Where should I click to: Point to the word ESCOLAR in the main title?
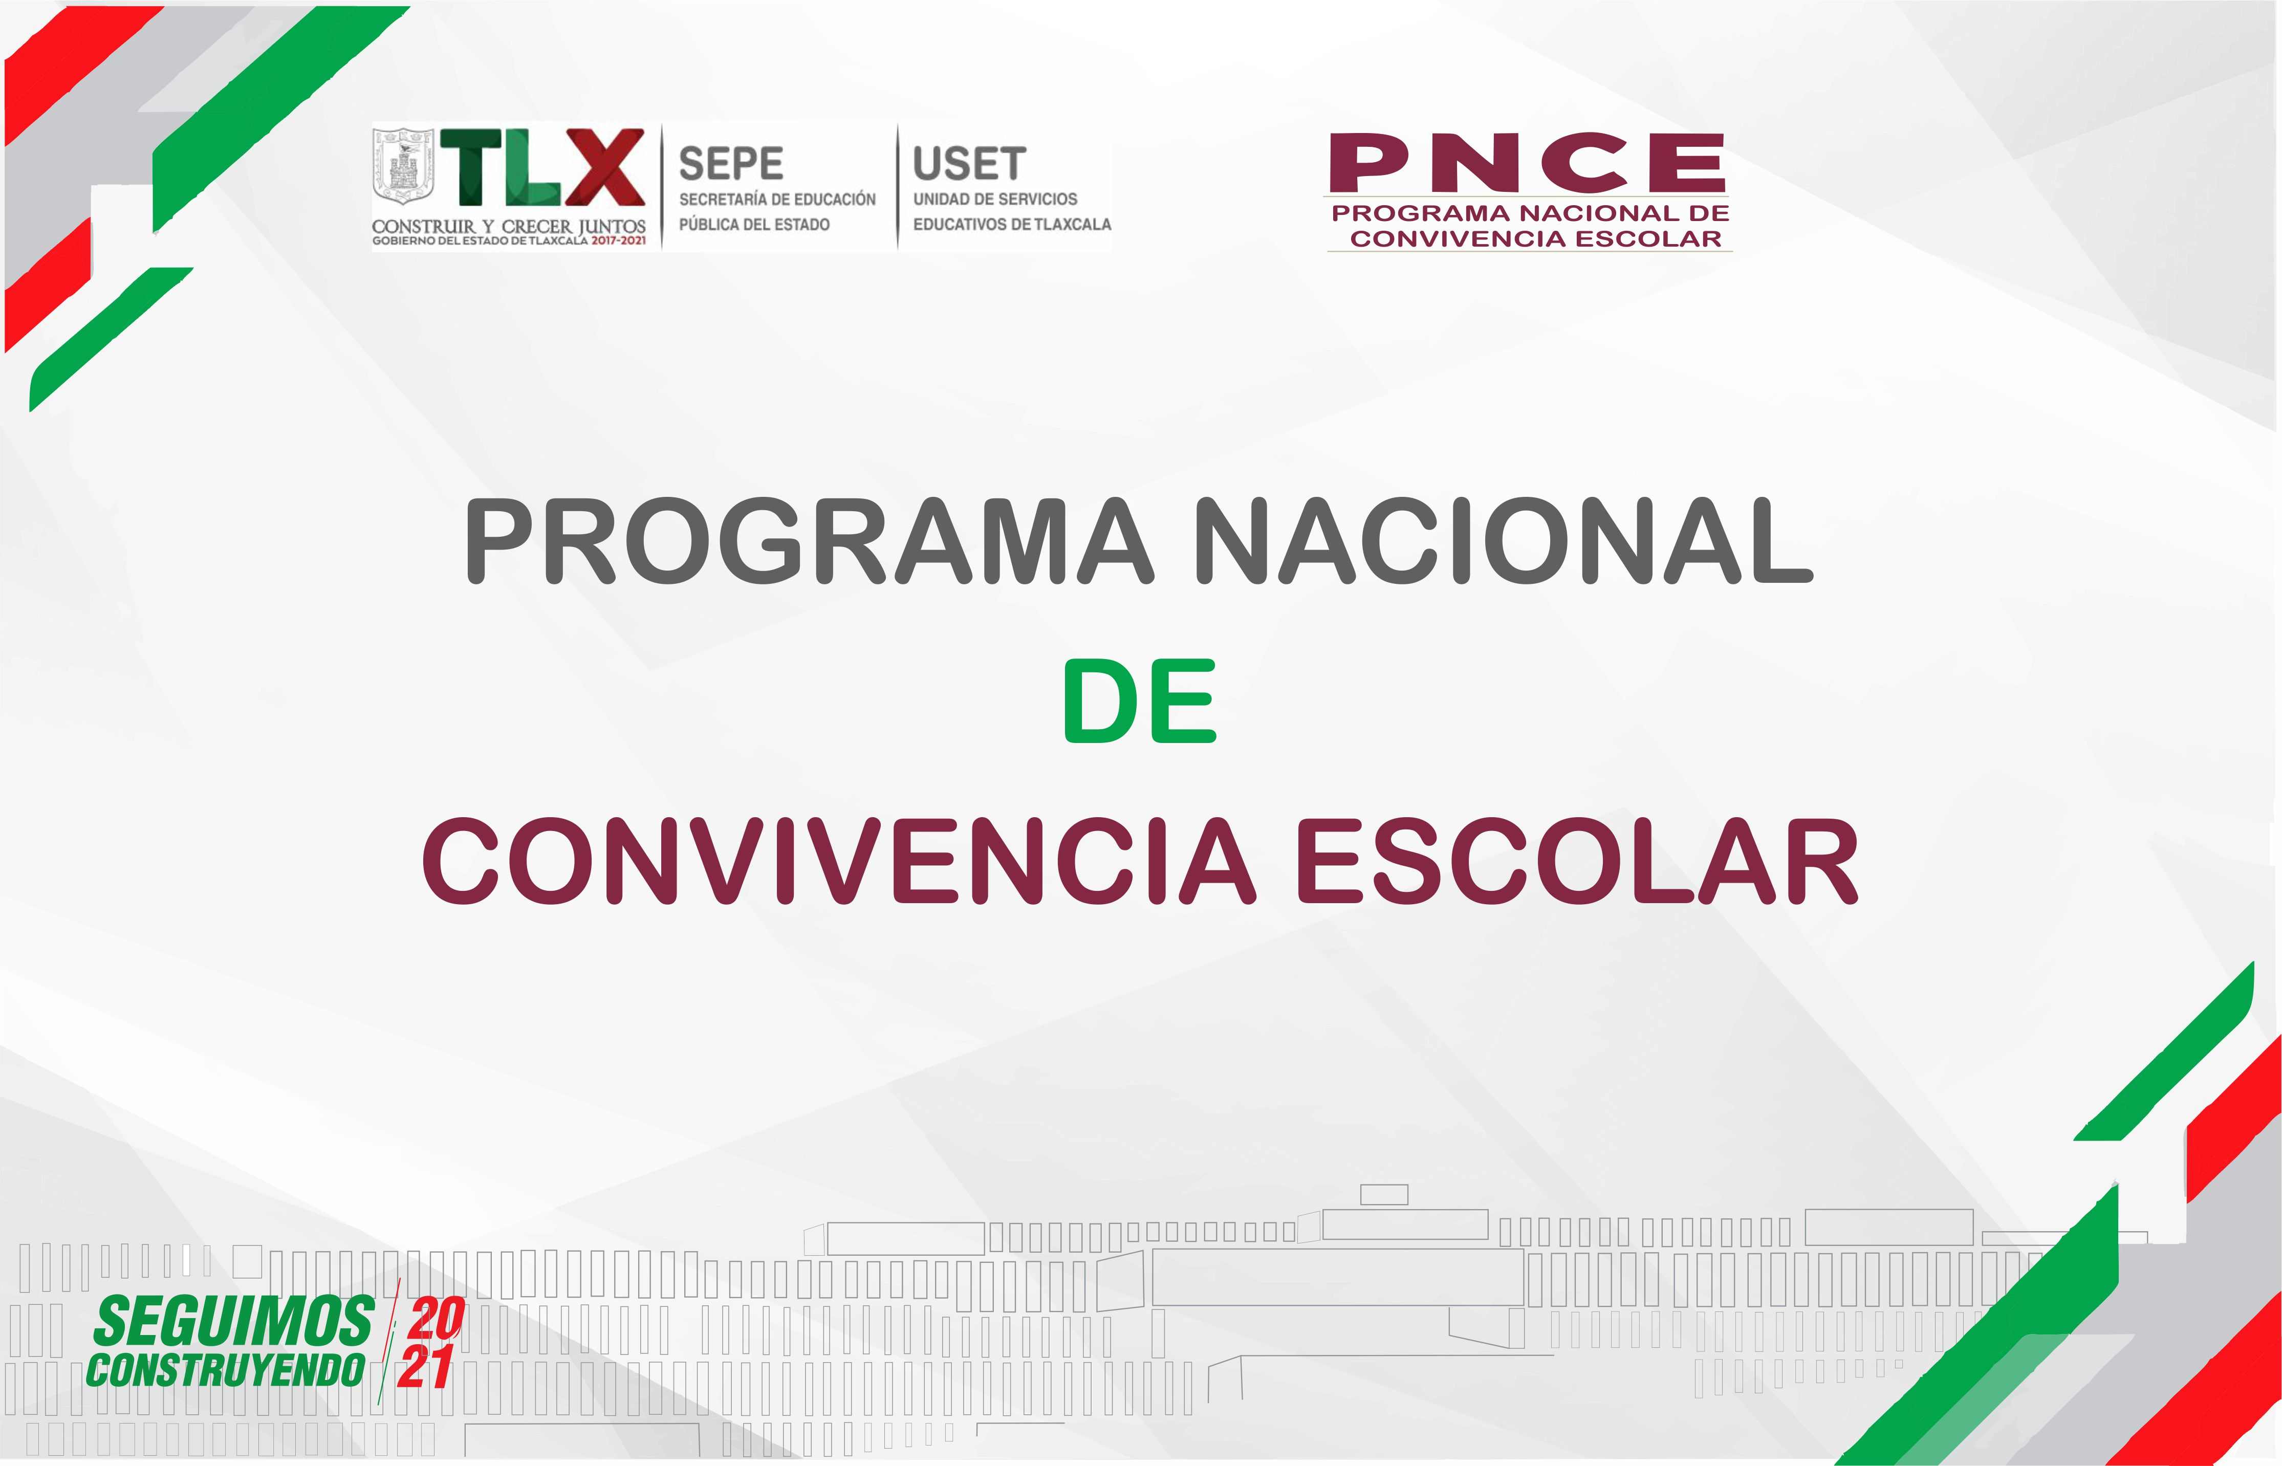1577,862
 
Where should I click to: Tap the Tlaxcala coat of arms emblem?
402,167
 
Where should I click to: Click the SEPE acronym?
731,164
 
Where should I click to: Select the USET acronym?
969,164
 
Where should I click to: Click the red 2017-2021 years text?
618,241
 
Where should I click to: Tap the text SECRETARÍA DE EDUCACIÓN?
777,199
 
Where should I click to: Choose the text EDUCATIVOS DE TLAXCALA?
1012,225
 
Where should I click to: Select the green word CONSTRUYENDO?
226,1371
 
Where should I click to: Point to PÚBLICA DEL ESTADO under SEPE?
754,225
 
